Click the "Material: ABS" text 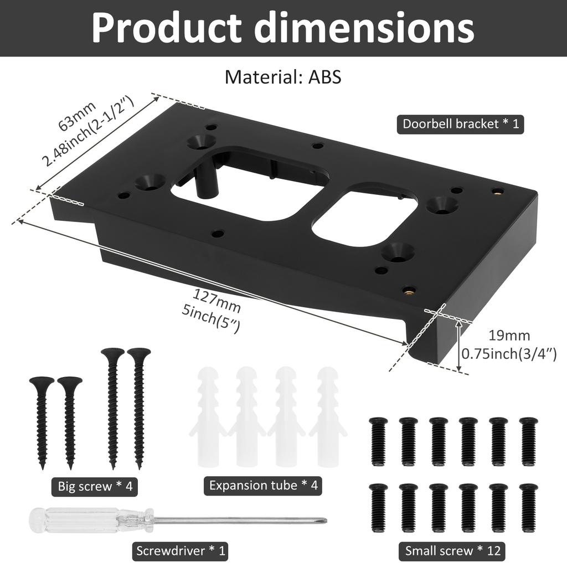283,77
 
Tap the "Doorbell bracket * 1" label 460,123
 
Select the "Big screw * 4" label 95,487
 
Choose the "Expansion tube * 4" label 263,486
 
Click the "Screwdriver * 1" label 180,551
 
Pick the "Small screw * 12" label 452,550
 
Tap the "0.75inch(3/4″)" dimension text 509,354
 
